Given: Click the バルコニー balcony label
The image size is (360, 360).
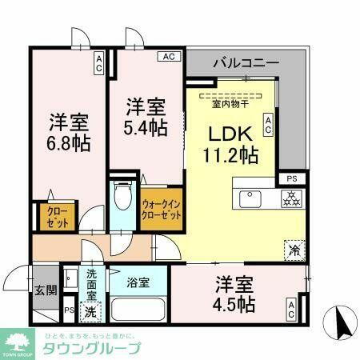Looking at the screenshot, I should point(246,62).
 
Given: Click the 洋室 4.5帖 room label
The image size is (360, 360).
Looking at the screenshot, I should point(234,294).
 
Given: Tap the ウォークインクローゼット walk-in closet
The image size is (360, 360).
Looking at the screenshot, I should point(160,210).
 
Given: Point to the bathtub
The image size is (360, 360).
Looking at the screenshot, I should point(138,310).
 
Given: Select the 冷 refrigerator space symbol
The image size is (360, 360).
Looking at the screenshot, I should point(294,249).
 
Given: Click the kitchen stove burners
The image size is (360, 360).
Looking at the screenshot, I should point(289,198).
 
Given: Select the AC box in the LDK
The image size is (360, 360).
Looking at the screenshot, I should point(269,123).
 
